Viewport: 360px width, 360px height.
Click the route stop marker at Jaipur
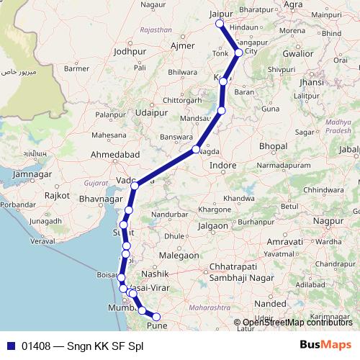tap(220, 25)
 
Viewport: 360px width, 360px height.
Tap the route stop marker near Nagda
tap(196, 150)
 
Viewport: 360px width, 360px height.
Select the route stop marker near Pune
tap(156, 316)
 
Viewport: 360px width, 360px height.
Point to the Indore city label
tap(223, 165)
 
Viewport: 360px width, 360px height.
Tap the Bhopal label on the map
tap(273, 146)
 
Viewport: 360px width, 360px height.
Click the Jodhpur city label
tap(130, 51)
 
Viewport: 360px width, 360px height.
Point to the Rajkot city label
tap(57, 195)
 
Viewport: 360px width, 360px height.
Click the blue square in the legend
tap(10, 345)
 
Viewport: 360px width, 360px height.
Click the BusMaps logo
tap(325, 345)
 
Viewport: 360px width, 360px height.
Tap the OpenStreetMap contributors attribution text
tap(297, 323)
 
